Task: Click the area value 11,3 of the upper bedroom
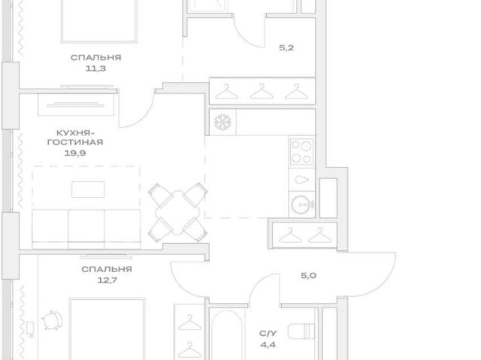(x=95, y=68)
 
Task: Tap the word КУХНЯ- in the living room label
(x=75, y=133)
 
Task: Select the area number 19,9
(x=75, y=153)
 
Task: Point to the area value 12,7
(x=107, y=280)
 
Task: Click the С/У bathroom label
(x=268, y=334)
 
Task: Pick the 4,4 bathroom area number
(x=268, y=345)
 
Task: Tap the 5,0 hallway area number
(x=308, y=275)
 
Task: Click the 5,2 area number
(x=286, y=47)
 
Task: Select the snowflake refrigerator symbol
(x=222, y=122)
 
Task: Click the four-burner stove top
(x=301, y=152)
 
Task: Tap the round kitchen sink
(x=302, y=204)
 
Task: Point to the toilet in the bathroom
(x=301, y=331)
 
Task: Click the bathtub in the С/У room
(x=227, y=335)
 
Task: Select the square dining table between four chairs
(x=177, y=213)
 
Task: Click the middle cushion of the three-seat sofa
(x=86, y=228)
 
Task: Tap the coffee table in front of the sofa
(x=88, y=189)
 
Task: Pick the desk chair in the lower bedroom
(x=52, y=320)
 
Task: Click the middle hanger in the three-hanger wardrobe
(x=262, y=92)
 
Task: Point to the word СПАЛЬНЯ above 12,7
(x=107, y=269)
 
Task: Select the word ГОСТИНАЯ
(x=75, y=142)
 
